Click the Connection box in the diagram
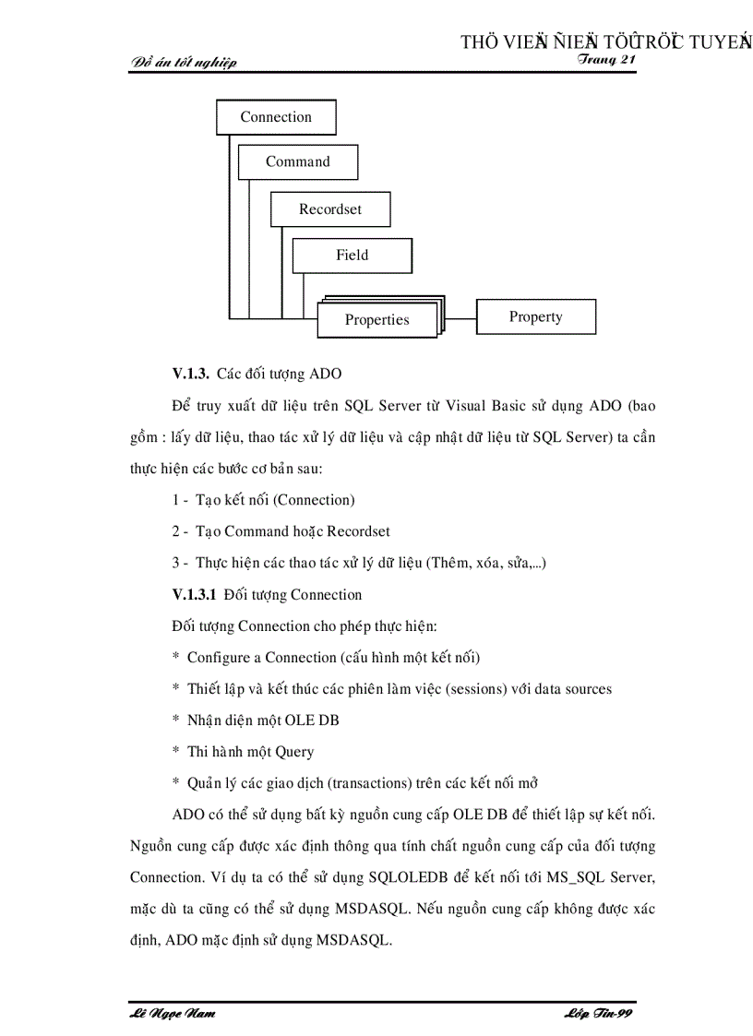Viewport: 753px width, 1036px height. [x=276, y=117]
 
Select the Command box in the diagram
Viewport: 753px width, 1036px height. [x=297, y=161]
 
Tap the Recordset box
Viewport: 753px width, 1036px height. [x=330, y=209]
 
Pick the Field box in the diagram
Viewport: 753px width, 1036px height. [x=352, y=256]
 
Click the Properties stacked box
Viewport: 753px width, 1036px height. [x=376, y=320]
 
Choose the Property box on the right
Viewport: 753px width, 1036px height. [x=535, y=316]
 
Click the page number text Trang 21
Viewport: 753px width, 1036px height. [x=607, y=59]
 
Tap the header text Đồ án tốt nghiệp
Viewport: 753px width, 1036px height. [x=185, y=63]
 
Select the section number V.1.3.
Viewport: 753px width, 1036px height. [x=191, y=374]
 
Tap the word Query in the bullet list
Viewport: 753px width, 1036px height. [x=294, y=752]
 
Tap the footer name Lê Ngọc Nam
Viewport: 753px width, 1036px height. [x=173, y=1014]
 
